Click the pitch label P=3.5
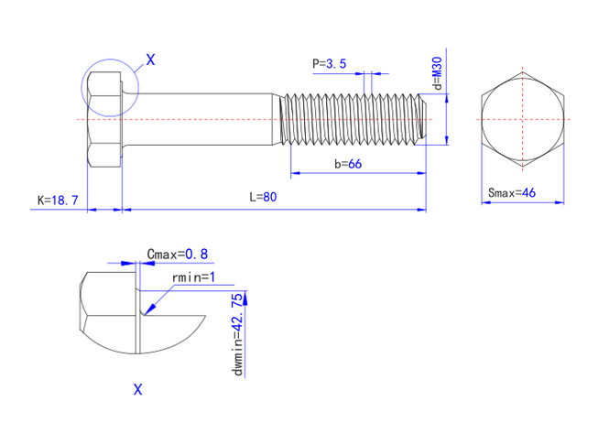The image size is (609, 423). click(329, 64)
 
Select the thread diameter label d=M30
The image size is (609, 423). click(438, 73)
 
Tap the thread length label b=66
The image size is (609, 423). click(348, 164)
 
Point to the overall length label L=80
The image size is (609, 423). click(263, 197)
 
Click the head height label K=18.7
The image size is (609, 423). click(58, 201)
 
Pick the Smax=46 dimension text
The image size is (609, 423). click(512, 192)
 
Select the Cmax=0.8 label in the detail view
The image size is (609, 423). click(178, 255)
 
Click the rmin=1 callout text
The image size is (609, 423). click(193, 277)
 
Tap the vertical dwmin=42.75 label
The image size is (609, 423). click(238, 335)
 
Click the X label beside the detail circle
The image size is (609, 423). click(150, 60)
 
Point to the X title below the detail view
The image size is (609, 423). click(138, 389)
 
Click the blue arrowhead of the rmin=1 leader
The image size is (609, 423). click(149, 309)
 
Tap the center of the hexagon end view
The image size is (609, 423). click(522, 119)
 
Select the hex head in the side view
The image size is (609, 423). click(105, 119)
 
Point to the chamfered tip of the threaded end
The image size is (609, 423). click(423, 119)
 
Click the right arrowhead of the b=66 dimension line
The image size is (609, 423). click(422, 173)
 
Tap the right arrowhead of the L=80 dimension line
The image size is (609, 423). click(422, 210)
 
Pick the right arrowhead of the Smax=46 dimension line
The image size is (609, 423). click(560, 202)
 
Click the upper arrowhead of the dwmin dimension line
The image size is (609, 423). click(245, 298)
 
